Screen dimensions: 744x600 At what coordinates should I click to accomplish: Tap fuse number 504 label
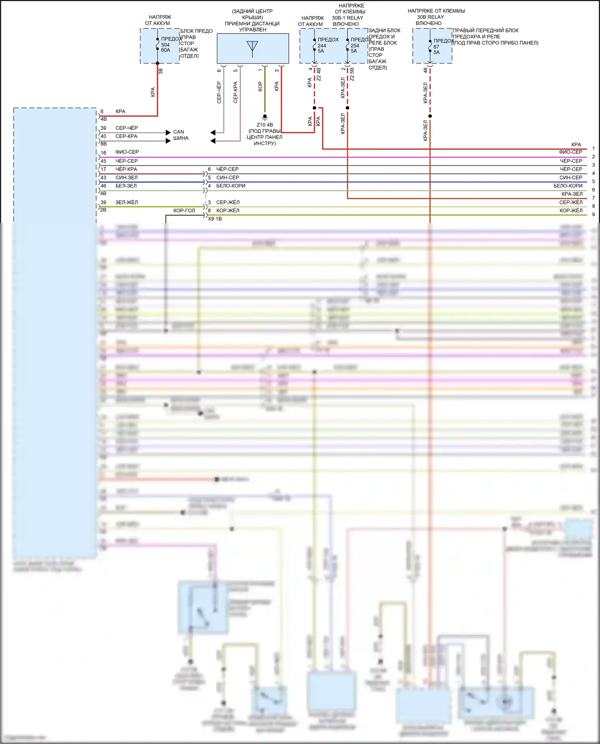point(165,45)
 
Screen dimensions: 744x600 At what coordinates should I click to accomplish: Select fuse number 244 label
point(322,46)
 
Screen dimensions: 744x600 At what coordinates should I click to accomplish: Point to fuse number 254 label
point(355,46)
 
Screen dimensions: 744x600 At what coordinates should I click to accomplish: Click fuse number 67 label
point(436,47)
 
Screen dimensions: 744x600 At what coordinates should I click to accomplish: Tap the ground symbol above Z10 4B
point(265,117)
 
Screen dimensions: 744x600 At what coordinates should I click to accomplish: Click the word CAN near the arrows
point(178,132)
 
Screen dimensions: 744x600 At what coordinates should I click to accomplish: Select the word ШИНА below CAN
point(181,138)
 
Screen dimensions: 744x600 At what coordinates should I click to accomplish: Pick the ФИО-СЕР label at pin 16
point(127,152)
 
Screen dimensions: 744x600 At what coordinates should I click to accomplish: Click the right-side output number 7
point(594,198)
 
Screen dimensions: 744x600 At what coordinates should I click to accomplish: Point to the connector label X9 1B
point(215,219)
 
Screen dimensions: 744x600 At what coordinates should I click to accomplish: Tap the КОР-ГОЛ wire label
point(184,211)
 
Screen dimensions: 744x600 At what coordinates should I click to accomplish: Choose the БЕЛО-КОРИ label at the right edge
point(568,186)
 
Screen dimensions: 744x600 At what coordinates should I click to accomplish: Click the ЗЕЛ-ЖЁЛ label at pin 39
point(126,203)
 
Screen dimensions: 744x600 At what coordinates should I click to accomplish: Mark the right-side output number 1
point(594,149)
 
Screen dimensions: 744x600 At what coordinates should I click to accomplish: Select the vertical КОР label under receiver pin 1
point(260,87)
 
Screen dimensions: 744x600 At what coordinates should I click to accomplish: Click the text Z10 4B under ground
point(265,125)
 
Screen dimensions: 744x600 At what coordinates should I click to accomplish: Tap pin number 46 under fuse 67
point(425,70)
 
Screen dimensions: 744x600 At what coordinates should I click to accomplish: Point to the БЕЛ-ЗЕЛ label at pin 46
point(126,186)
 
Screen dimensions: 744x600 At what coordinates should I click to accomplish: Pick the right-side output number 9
point(594,215)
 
